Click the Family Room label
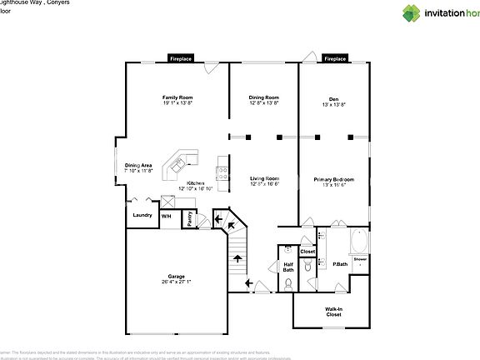pyautogui.click(x=177, y=98)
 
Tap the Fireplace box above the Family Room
pyautogui.click(x=182, y=59)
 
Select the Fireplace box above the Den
pyautogui.click(x=335, y=59)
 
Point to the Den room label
pyautogui.click(x=333, y=98)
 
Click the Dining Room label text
pyautogui.click(x=263, y=98)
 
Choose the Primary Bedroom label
pyautogui.click(x=333, y=179)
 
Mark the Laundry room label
pyautogui.click(x=142, y=215)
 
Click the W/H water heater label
pyautogui.click(x=166, y=216)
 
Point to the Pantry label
pyautogui.click(x=190, y=218)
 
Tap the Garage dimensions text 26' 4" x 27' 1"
pyautogui.click(x=176, y=282)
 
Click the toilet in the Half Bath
pyautogui.click(x=287, y=284)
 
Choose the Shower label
pyautogui.click(x=360, y=259)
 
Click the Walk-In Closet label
pyautogui.click(x=333, y=312)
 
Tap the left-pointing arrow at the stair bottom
pyautogui.click(x=249, y=283)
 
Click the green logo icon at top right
pyautogui.click(x=412, y=12)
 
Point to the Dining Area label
pyautogui.click(x=138, y=166)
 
